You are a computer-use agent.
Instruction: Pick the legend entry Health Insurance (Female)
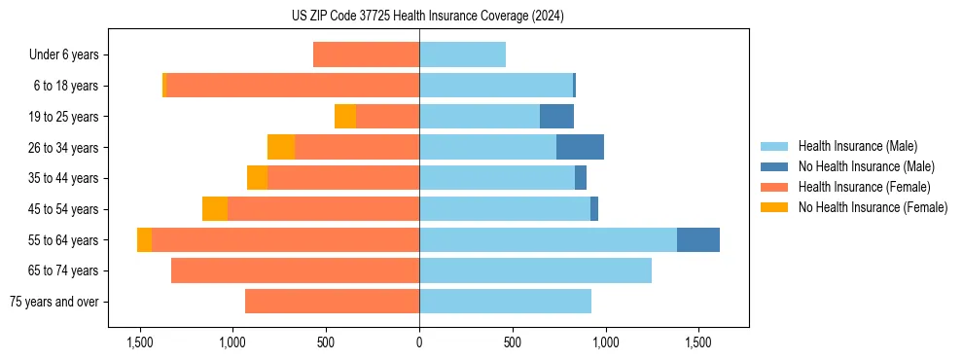tap(864, 187)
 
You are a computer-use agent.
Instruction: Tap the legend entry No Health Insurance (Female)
tap(873, 207)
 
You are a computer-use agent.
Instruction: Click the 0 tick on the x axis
tap(419, 342)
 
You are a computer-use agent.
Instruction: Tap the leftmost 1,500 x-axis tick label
tap(140, 342)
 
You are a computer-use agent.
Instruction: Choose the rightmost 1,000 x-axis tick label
tap(605, 342)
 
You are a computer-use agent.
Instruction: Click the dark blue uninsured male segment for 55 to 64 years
tap(698, 240)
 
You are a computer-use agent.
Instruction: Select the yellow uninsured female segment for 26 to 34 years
tap(281, 148)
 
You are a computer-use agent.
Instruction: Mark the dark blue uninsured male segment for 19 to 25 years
tap(556, 117)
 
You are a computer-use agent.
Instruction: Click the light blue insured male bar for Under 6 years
tap(462, 55)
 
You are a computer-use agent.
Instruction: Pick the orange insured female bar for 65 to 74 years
tap(295, 270)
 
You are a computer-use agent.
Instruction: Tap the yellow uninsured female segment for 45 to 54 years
tap(215, 209)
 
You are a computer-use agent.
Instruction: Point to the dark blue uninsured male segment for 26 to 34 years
tap(580, 148)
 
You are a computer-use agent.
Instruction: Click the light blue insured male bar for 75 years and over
tap(505, 302)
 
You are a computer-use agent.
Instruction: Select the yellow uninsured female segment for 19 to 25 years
tap(345, 117)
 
